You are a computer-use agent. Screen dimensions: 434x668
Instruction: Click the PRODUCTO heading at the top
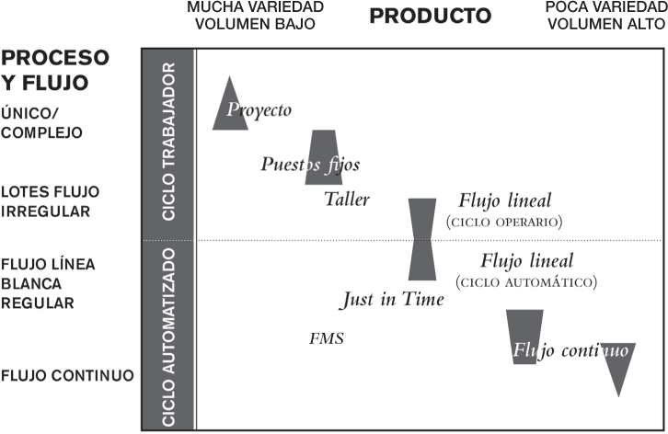[x=431, y=16]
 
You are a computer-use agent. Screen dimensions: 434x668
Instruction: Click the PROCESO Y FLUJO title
[x=56, y=70]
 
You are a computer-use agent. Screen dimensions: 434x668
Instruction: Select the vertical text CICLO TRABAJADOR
[x=168, y=143]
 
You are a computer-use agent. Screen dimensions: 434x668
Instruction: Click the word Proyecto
[x=259, y=110]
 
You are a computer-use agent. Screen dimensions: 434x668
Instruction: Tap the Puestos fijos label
[x=309, y=165]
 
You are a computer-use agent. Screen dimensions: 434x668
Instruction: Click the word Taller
[x=347, y=199]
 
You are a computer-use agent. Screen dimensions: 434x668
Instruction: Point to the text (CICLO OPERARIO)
[x=503, y=222]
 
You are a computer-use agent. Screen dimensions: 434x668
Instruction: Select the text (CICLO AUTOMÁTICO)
[x=525, y=281]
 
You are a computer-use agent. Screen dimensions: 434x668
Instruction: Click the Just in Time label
[x=392, y=299]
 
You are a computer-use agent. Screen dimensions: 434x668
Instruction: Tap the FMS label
[x=327, y=338]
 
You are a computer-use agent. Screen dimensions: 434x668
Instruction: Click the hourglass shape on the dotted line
[x=422, y=239]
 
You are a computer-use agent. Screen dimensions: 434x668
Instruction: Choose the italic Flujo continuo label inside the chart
[x=570, y=349]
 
